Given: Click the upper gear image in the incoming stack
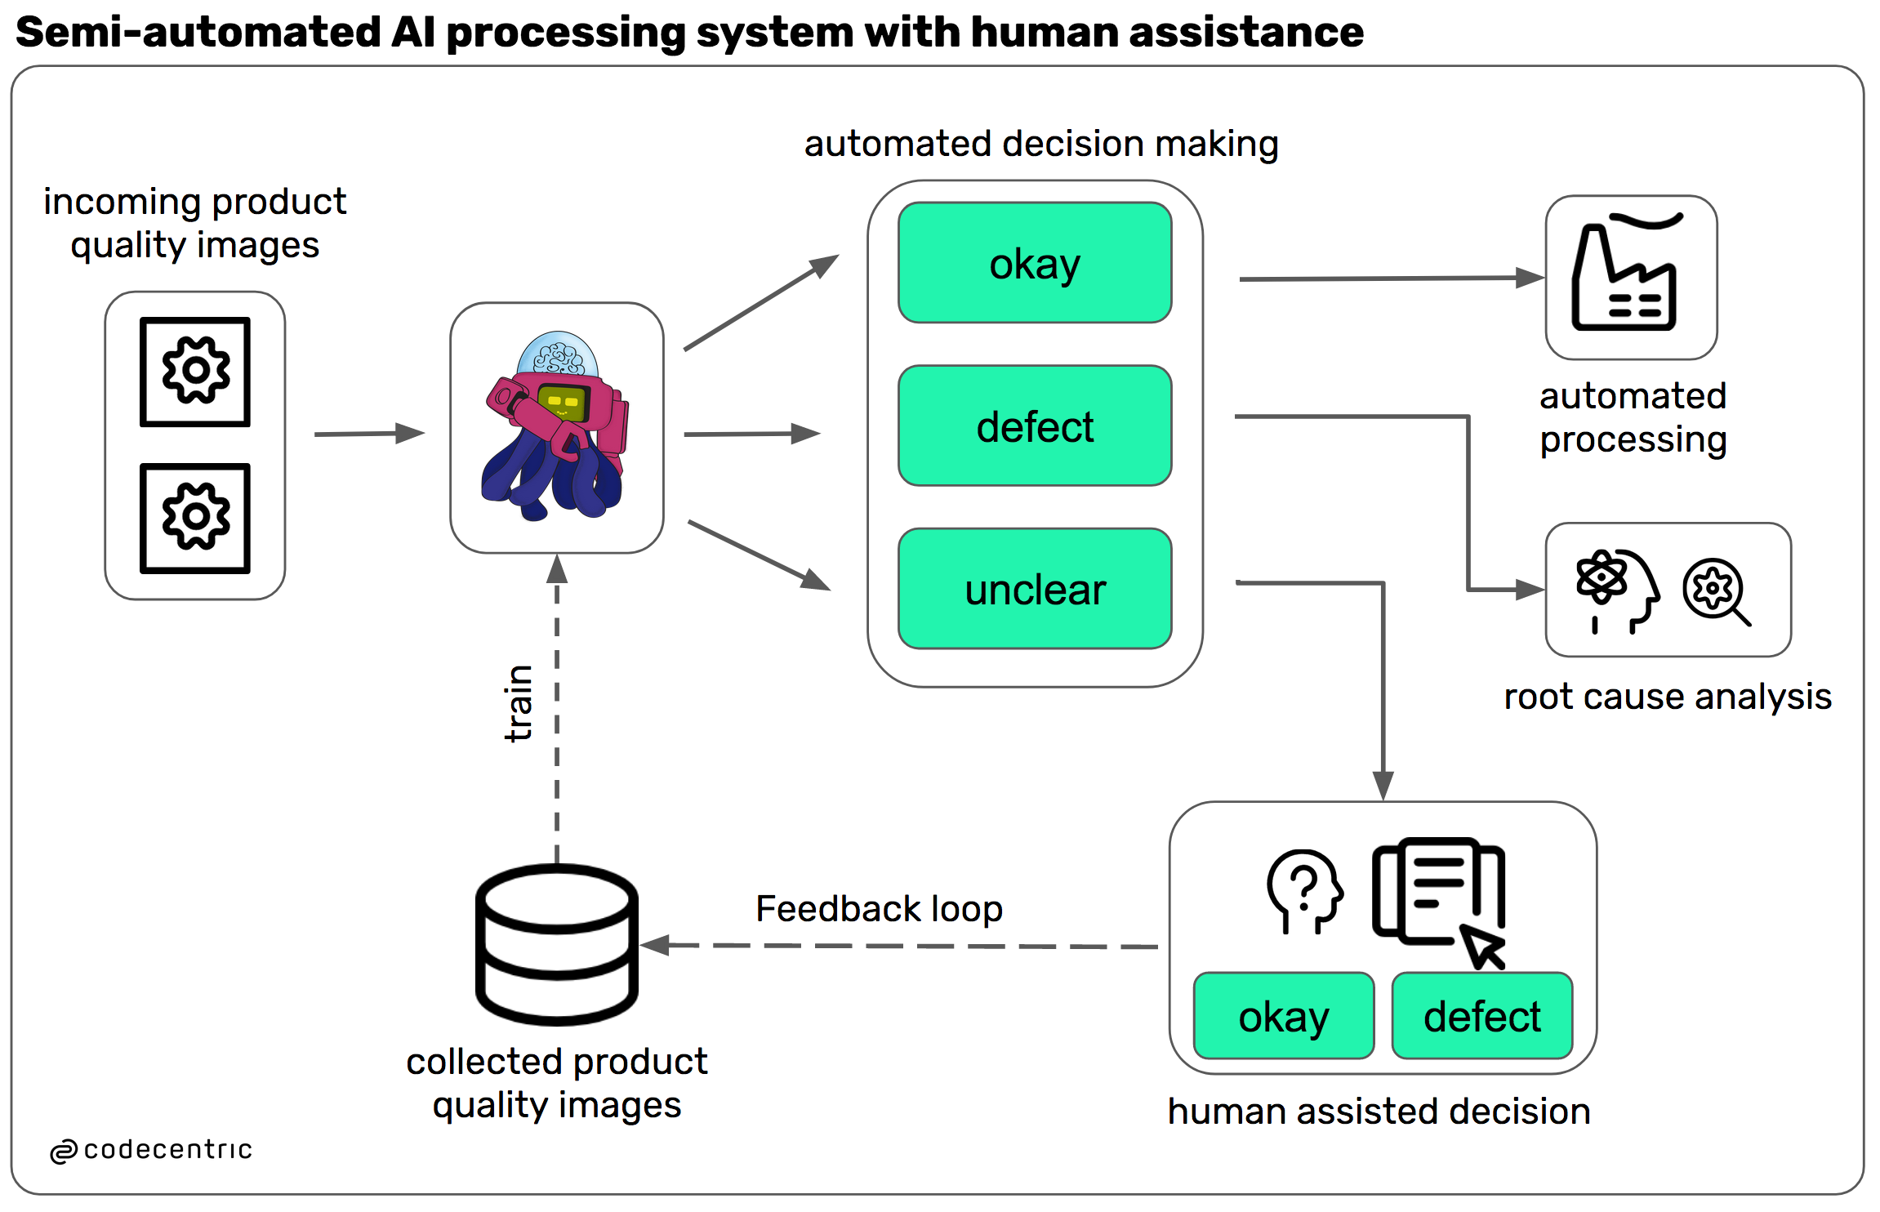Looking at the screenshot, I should click(x=195, y=372).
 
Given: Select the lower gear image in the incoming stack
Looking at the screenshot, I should click(x=195, y=518).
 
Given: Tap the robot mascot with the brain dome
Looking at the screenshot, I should click(x=556, y=427).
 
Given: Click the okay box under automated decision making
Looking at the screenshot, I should click(x=1035, y=263).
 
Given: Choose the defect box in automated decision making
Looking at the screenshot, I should click(x=1035, y=426).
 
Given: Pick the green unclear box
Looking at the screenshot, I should click(x=1035, y=589).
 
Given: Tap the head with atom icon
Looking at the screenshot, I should click(x=1616, y=589).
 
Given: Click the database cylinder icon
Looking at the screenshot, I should click(x=557, y=944).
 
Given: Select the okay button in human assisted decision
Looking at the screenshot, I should click(x=1283, y=1016).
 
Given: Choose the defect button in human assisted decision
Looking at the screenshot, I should click(x=1481, y=1016).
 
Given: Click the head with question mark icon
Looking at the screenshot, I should click(x=1304, y=890).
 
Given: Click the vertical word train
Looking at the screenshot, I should click(x=519, y=703).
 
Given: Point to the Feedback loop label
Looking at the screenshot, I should click(x=879, y=909).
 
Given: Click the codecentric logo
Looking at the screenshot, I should click(x=152, y=1150).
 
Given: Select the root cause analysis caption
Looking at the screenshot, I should click(x=1668, y=697).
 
